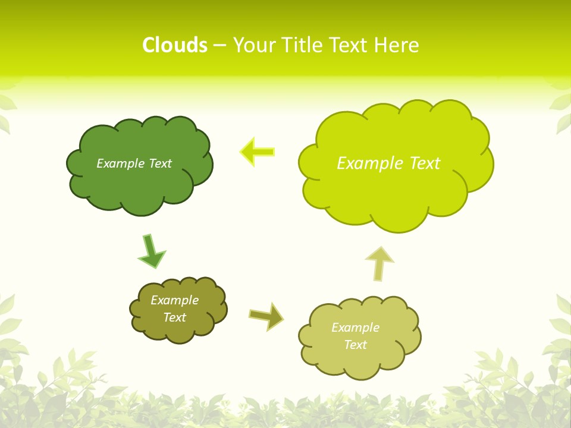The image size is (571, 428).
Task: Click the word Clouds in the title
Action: (x=174, y=45)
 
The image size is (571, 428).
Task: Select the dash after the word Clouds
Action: (x=219, y=46)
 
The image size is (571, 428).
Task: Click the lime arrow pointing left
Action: (x=257, y=152)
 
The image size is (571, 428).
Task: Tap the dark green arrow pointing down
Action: (x=150, y=251)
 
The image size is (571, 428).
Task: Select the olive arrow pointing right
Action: (x=266, y=316)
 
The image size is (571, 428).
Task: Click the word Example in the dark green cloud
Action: (x=120, y=163)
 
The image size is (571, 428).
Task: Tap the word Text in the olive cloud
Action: (x=174, y=317)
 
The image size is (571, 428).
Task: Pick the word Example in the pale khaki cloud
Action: (x=355, y=328)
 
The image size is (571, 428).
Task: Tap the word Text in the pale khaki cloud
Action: (x=355, y=345)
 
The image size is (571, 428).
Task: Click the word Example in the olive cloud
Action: (x=174, y=300)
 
